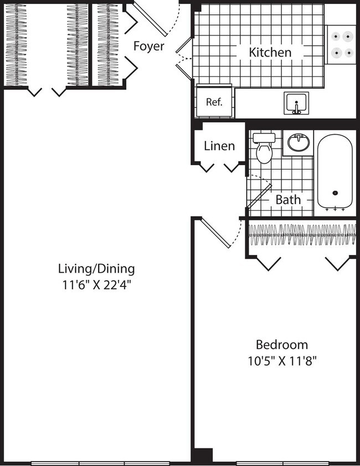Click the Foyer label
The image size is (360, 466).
pos(148,46)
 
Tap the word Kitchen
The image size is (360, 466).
pos(270,53)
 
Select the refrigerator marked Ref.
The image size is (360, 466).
pos(214,101)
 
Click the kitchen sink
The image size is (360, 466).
pos(297,104)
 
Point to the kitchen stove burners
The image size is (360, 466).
pos(341,44)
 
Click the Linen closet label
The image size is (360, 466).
pos(219,146)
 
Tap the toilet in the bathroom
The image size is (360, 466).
pos(264,148)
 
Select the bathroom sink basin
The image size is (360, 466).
pos(299,144)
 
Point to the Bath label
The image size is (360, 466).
pos(288,199)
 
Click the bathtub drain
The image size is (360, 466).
pos(335,193)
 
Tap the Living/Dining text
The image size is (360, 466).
pos(96,269)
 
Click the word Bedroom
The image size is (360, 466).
pos(282,344)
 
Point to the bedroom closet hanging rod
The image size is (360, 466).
pos(301,235)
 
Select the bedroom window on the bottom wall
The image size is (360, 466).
pos(283,462)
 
